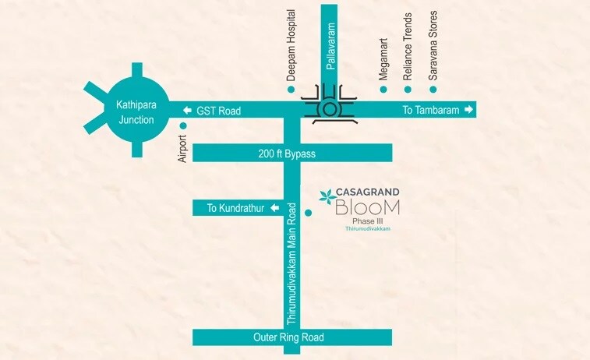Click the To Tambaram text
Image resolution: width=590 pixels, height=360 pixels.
429,111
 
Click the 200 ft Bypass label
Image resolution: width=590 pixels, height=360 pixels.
288,154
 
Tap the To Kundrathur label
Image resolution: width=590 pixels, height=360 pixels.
231,208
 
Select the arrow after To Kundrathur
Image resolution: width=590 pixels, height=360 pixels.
272,208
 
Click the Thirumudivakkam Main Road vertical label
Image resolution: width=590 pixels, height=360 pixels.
291,263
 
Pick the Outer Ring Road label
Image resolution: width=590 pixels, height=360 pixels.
288,337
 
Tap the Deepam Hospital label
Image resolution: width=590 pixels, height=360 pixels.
291,46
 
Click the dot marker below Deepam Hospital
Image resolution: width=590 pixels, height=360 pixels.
291,90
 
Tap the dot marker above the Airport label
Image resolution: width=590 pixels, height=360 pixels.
183,125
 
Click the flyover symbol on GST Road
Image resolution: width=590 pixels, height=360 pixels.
331,104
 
